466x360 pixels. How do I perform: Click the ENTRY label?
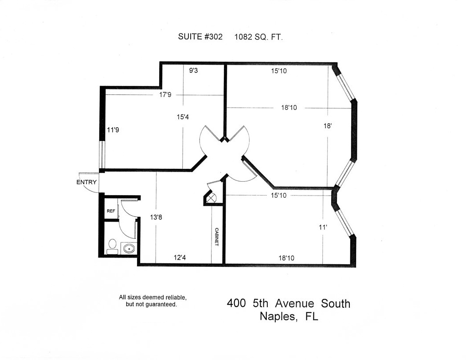coord(86,182)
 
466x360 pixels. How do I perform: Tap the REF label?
coord(111,211)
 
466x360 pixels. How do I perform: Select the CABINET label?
coord(217,237)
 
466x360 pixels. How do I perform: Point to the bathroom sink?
coord(129,248)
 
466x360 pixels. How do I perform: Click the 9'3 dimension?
coord(193,70)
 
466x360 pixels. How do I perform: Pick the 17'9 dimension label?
coord(165,95)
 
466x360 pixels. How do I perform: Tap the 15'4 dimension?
coord(183,117)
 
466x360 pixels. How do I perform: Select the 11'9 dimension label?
coord(113,130)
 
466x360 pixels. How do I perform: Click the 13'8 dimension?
coord(156,217)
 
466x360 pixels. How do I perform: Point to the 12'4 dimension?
coord(180,258)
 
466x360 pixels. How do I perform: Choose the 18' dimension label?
coord(328,126)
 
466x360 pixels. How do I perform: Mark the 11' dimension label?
coord(323,227)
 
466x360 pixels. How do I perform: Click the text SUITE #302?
coord(200,37)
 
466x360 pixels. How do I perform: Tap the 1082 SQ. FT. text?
coord(258,37)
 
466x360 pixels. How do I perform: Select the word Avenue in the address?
coord(294,304)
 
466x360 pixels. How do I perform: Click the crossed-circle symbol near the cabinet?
coord(212,197)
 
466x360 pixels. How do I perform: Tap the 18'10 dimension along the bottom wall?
coord(286,258)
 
